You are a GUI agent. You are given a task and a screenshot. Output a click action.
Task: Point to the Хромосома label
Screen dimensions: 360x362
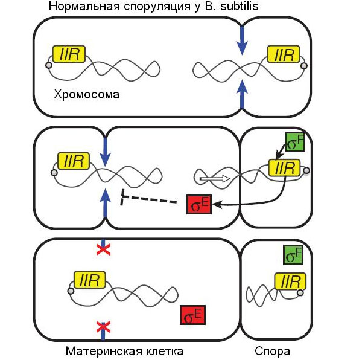pos(86,95)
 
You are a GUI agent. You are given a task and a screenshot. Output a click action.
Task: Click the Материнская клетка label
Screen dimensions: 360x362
pos(124,351)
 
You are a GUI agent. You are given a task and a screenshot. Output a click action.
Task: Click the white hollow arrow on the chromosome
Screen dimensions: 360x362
pos(215,178)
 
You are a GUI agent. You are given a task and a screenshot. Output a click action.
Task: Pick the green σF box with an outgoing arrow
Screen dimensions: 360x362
pos(295,144)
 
